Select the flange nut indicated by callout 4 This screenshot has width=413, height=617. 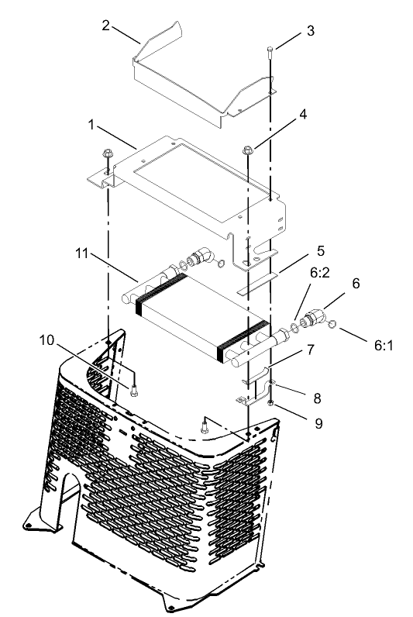(249, 148)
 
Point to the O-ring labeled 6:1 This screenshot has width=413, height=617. (332, 323)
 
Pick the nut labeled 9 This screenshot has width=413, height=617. (270, 404)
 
